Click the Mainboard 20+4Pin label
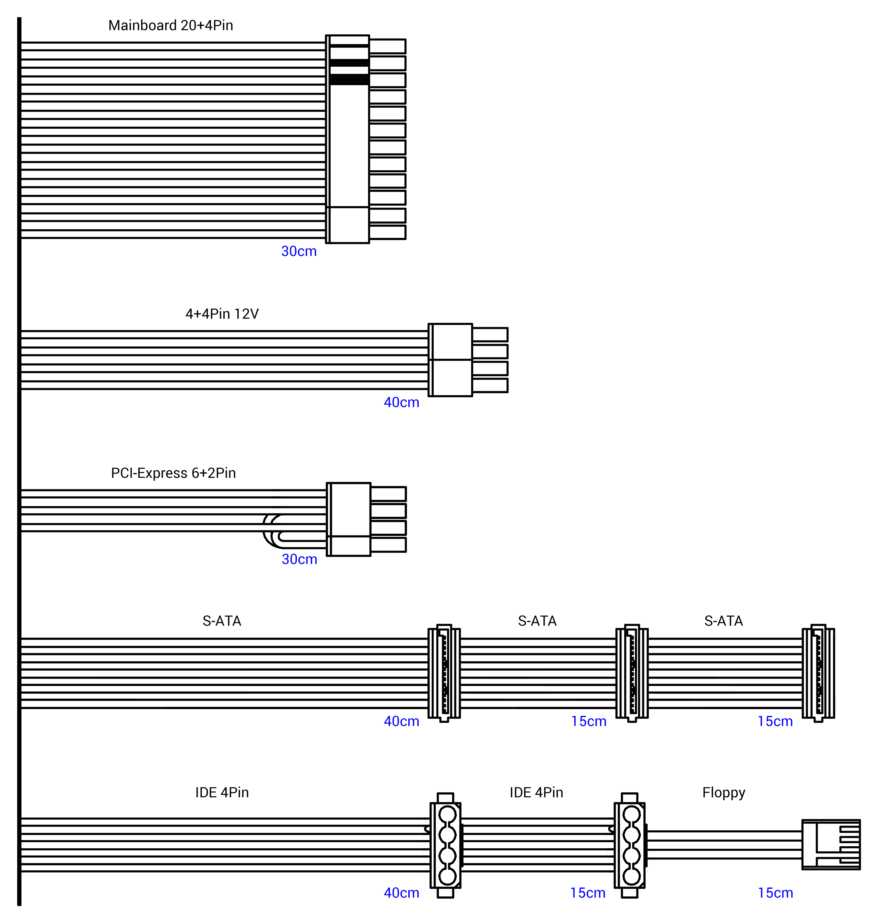pyautogui.click(x=170, y=25)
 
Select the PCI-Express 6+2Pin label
pyautogui.click(x=173, y=473)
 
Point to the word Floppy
pyautogui.click(x=724, y=793)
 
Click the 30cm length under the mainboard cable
pyautogui.click(x=299, y=252)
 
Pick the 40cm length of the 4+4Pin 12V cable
pyautogui.click(x=402, y=403)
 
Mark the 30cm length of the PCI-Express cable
pyautogui.click(x=300, y=559)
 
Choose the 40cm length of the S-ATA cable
pyautogui.click(x=402, y=722)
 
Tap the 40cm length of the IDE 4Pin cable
pyautogui.click(x=402, y=893)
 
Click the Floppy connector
pyautogui.click(x=831, y=845)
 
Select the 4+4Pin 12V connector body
pyautogui.click(x=450, y=360)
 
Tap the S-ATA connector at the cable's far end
pyautogui.click(x=818, y=674)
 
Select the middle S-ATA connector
pyautogui.click(x=632, y=674)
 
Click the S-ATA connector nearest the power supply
pyautogui.click(x=444, y=674)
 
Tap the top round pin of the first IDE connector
pyautogui.click(x=447, y=814)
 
